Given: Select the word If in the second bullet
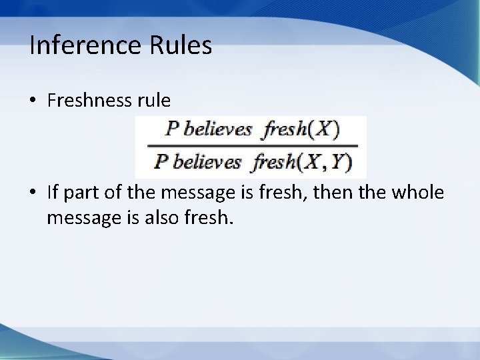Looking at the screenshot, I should coord(53,193).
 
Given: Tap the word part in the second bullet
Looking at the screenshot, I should coord(80,193).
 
